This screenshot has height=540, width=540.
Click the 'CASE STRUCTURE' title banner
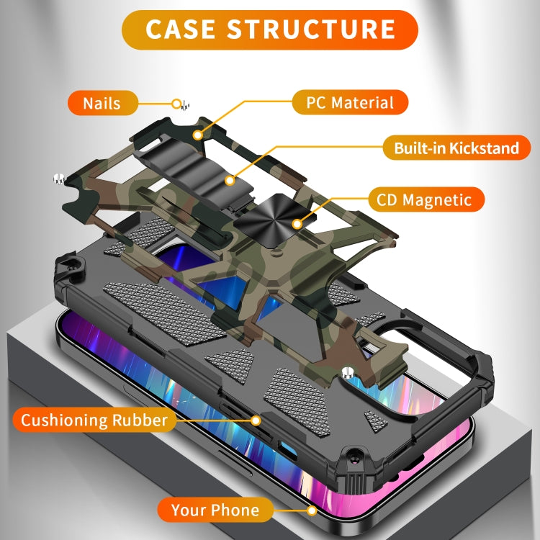pyautogui.click(x=270, y=29)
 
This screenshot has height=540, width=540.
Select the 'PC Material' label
pyautogui.click(x=351, y=102)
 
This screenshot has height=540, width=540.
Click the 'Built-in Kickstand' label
pyautogui.click(x=456, y=149)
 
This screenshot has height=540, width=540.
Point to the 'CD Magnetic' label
pyautogui.click(x=425, y=199)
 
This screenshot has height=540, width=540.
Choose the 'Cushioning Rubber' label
pyautogui.click(x=94, y=420)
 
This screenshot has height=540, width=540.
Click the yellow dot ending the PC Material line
pyautogui.click(x=196, y=134)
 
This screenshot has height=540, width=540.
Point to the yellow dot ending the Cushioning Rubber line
pyautogui.click(x=256, y=420)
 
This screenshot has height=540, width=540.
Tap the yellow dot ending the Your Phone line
pyautogui.click(x=312, y=510)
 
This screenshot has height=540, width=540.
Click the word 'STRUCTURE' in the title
pyautogui.click(x=311, y=29)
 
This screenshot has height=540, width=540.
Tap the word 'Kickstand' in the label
pyautogui.click(x=484, y=149)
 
